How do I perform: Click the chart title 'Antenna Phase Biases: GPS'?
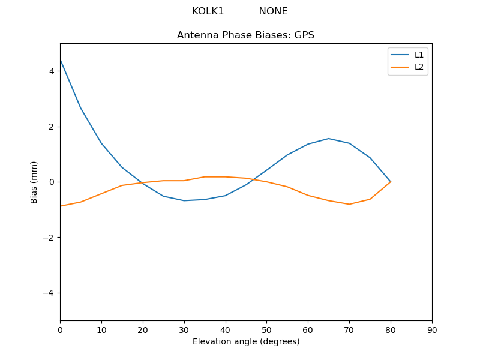(x=245, y=35)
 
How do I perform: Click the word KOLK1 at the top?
(x=208, y=11)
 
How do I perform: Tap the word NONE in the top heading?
(x=273, y=11)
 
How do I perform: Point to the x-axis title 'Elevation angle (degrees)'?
(x=246, y=342)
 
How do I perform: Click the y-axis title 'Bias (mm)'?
(x=34, y=182)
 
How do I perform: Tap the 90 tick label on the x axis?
(x=432, y=330)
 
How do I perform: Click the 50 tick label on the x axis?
(x=266, y=330)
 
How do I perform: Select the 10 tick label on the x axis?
(x=101, y=330)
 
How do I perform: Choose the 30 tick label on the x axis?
(x=184, y=330)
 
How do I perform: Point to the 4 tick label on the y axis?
(x=52, y=71)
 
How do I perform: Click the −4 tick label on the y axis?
(x=49, y=293)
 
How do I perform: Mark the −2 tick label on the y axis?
(x=49, y=238)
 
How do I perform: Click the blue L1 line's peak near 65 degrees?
(x=329, y=139)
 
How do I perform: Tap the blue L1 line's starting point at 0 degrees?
(x=61, y=59)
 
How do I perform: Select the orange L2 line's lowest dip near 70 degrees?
(x=349, y=204)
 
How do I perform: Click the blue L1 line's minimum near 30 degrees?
(x=184, y=200)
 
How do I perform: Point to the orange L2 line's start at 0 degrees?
(x=61, y=206)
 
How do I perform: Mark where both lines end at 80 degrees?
(x=391, y=182)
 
